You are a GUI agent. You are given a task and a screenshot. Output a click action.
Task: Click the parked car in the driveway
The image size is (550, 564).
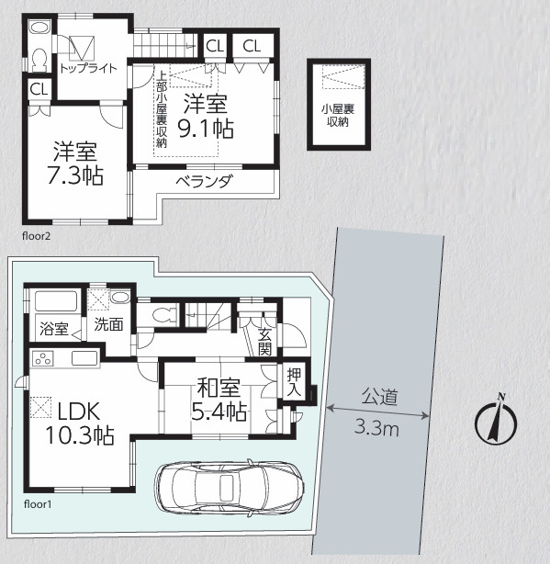pos(230,488)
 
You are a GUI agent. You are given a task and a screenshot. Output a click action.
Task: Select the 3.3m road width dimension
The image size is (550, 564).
pos(376,428)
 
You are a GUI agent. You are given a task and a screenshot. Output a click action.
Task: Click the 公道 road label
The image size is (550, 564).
pos(380,397)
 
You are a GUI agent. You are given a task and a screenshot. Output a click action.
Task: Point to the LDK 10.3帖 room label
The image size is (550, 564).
pos(80,423)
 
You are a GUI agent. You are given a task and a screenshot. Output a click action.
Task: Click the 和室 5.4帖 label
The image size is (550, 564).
pos(219,400)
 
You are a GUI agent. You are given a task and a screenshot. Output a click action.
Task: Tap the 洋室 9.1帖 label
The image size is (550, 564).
pos(206,116)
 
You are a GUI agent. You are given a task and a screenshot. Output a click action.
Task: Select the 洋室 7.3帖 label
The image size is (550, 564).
pos(75,164)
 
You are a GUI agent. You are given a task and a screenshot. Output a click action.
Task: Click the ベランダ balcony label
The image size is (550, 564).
pos(204,181)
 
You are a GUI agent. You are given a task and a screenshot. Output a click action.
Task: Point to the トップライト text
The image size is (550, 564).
pos(88,68)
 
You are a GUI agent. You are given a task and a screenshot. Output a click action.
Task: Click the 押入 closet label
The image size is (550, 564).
pos(294,382)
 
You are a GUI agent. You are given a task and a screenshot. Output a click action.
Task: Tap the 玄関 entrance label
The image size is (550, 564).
pos(264,342)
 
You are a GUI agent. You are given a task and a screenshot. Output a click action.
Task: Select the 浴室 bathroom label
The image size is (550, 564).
pos(54,329)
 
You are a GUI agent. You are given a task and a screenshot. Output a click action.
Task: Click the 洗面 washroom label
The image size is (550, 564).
pos(108,324)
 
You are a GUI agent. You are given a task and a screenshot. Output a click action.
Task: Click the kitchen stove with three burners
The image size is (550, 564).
pos(43,358)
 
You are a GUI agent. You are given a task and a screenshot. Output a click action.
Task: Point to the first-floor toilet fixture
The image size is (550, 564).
pos(163,315)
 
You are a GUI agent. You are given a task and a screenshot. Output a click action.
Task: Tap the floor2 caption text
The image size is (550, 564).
pos(37,236)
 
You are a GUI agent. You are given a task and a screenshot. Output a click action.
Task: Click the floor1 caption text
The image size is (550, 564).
pos(38,504)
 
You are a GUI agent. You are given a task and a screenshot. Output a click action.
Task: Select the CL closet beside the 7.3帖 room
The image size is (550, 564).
pos(39,89)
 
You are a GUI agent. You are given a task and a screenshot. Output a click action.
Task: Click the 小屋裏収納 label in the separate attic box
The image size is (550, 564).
pos(338,115)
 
